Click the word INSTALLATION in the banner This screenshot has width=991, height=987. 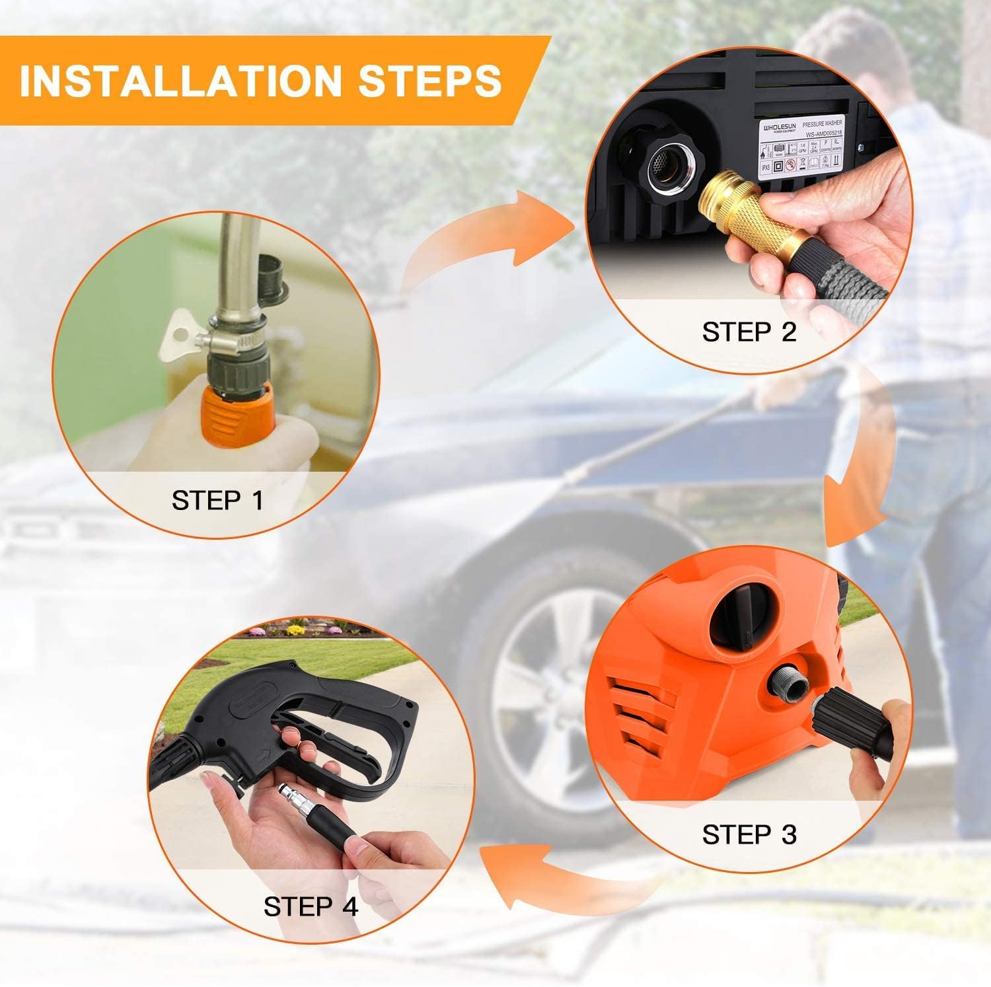(179, 81)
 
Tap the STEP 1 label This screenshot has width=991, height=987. (217, 500)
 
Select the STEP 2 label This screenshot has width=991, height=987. (749, 332)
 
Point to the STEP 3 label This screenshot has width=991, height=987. (749, 834)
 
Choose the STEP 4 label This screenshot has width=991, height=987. (311, 906)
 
